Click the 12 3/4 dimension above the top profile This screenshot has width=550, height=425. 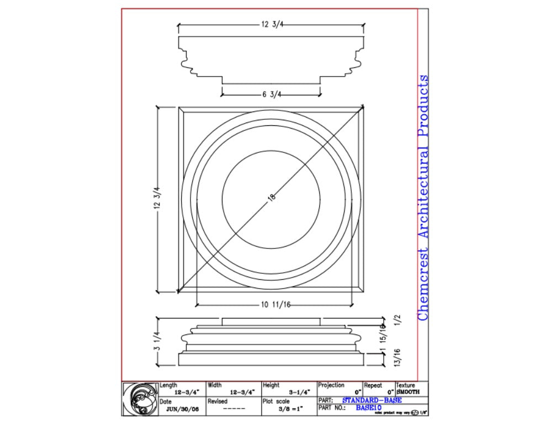[271, 25]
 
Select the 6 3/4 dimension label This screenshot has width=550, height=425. [272, 94]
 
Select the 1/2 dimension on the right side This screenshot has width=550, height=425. [397, 320]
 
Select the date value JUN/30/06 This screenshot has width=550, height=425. [182, 409]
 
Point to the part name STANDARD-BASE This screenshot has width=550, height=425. [372, 400]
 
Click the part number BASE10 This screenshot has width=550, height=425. [368, 408]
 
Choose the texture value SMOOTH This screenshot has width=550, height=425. [408, 391]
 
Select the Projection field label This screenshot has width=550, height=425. [331, 385]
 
